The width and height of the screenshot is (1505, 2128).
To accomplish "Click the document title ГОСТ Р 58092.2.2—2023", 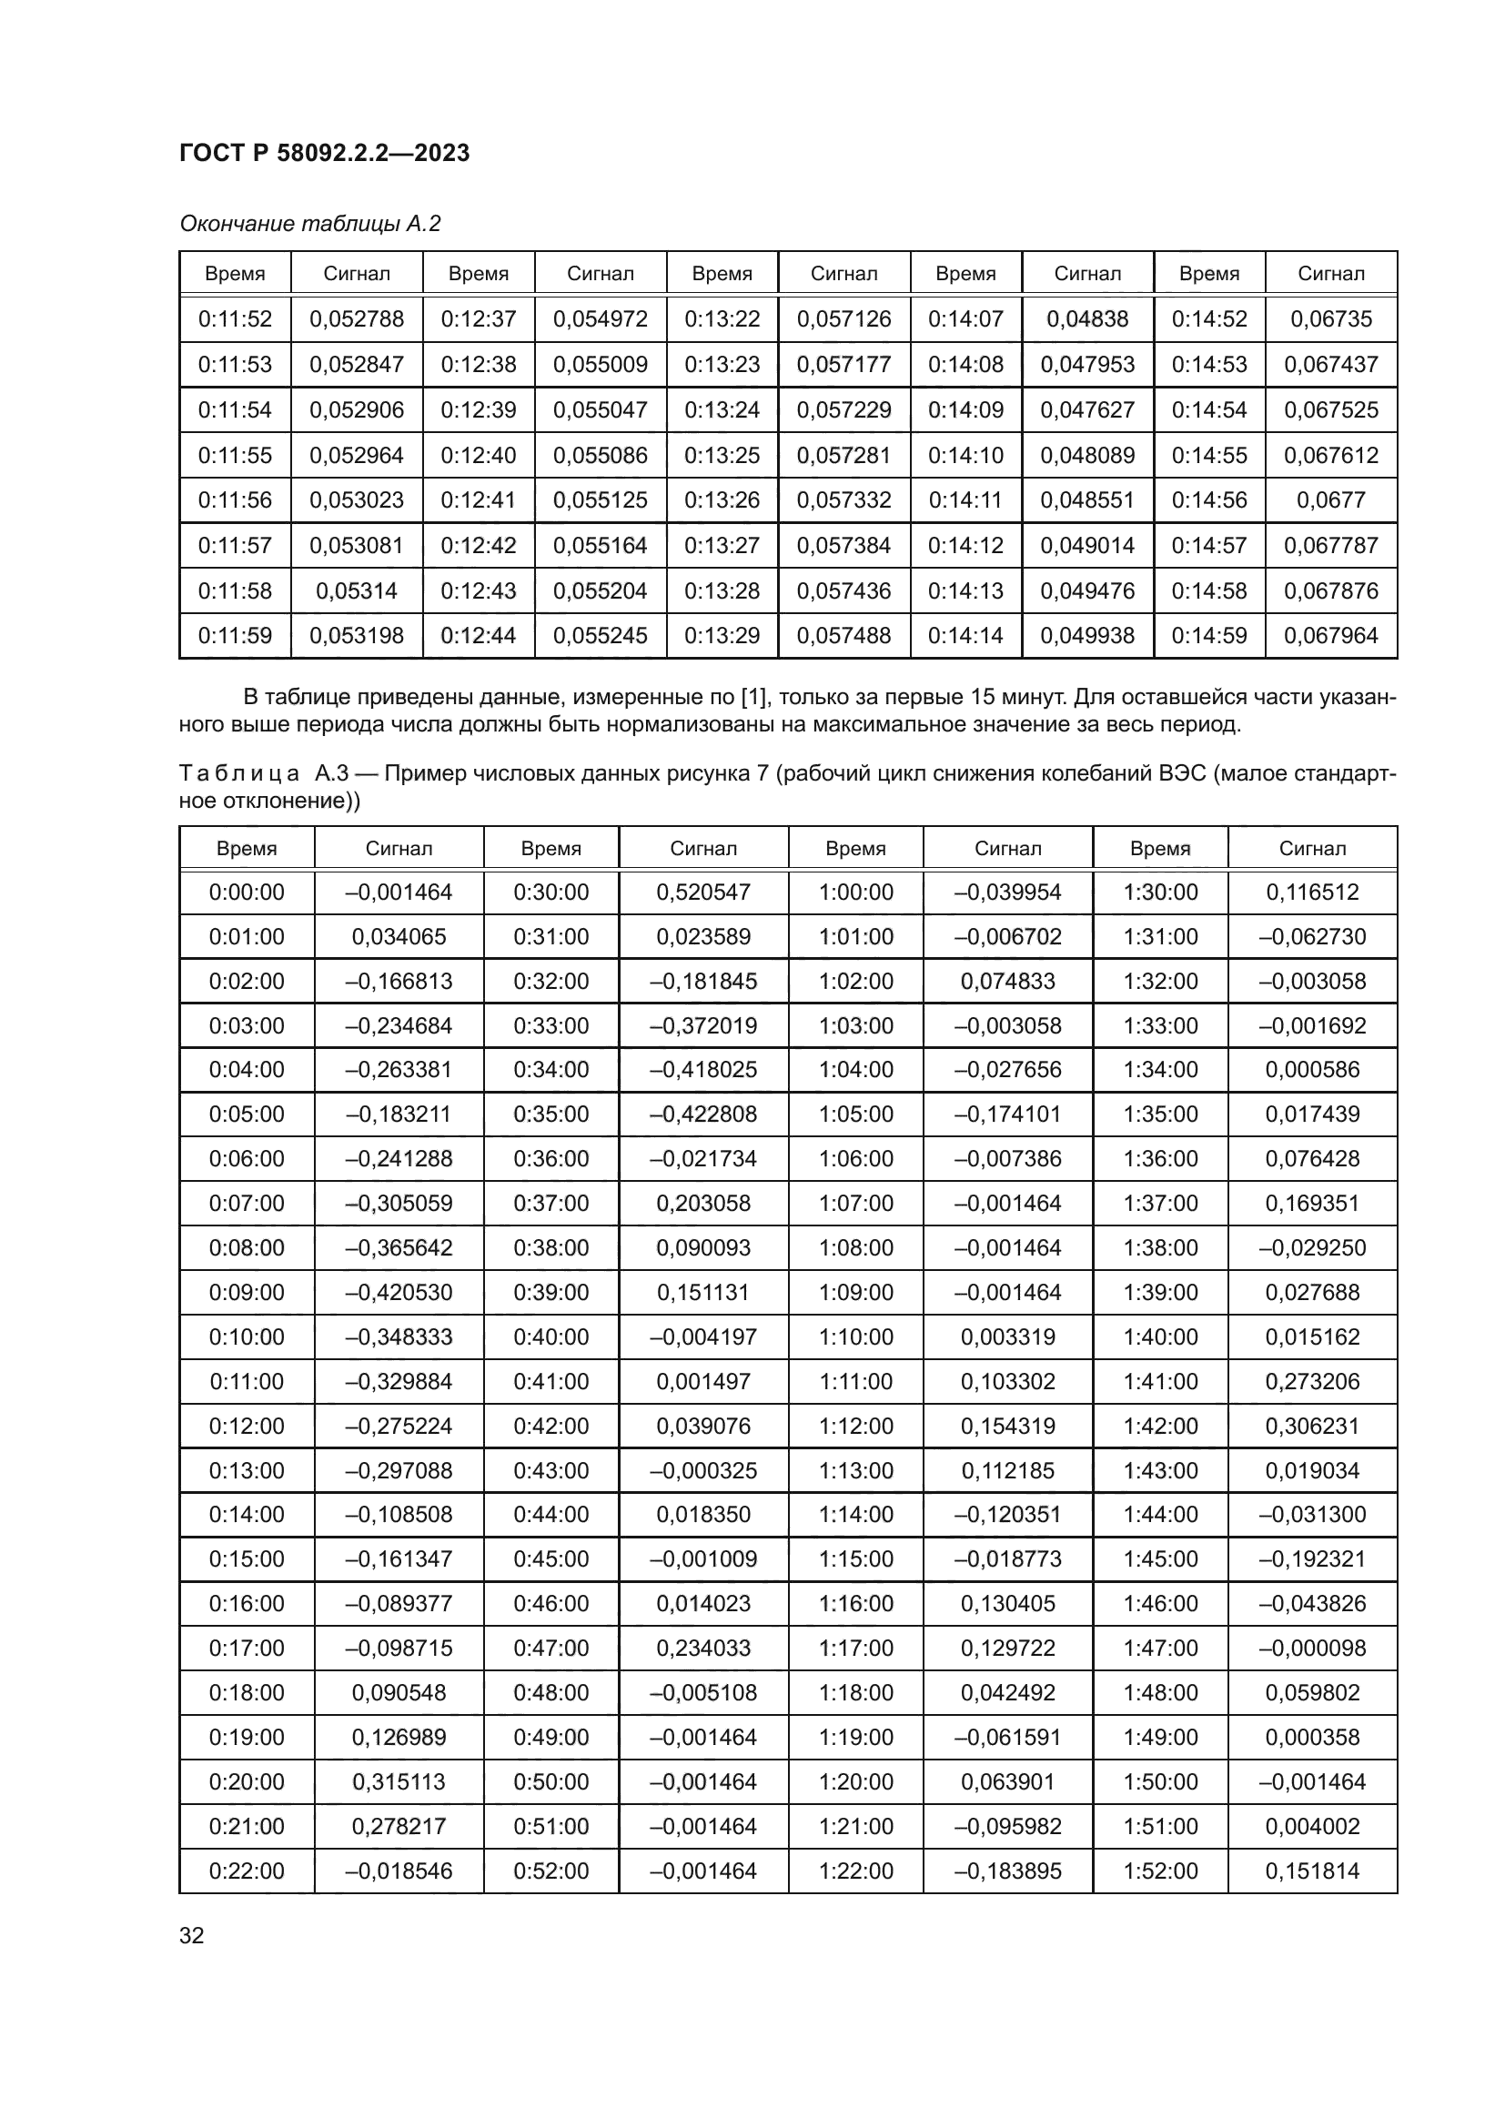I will (323, 153).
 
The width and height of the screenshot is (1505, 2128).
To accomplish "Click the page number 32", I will (191, 1935).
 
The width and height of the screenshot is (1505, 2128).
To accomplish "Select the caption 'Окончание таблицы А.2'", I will (309, 224).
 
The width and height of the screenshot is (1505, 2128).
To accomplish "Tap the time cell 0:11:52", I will (235, 318).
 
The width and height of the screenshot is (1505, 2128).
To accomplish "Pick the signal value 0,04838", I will (1087, 318).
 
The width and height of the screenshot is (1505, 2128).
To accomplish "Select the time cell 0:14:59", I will (1208, 635).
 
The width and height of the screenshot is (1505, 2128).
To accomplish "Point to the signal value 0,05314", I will (356, 590).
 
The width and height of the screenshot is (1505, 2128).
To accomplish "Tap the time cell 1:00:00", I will (855, 892).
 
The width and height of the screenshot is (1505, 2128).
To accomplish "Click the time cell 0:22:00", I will (247, 1871).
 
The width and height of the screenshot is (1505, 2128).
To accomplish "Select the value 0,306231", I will (1311, 1426).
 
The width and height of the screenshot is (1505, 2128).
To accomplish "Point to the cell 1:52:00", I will (1160, 1871).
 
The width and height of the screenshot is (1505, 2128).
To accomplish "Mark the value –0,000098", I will (1311, 1648).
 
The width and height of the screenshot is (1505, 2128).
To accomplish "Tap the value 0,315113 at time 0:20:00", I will (399, 1781).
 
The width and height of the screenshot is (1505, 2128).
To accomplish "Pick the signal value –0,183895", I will (1007, 1871).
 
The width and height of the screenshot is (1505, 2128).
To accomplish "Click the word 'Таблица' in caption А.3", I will (239, 773).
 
